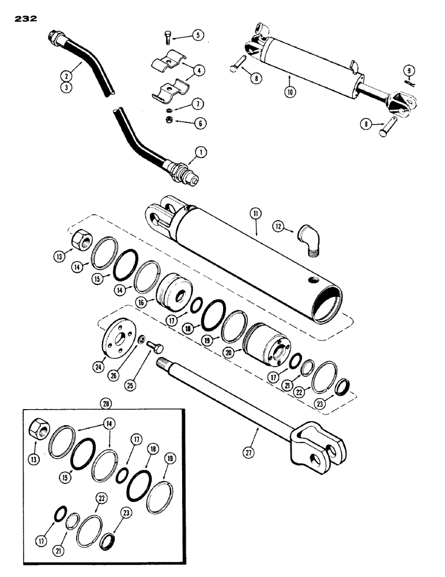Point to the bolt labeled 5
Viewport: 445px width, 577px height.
coord(166,39)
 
